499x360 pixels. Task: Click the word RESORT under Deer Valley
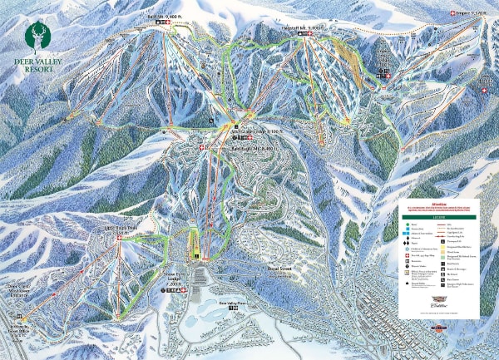33,70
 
